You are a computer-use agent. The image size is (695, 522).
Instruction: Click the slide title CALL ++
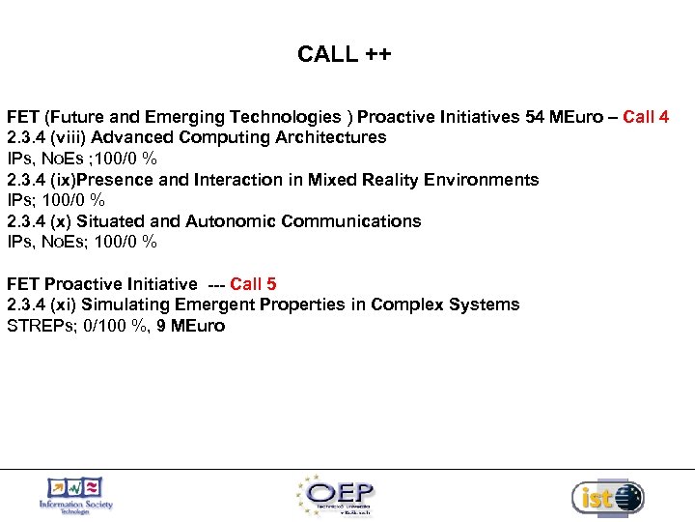[x=345, y=54]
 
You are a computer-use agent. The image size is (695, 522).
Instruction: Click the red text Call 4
[x=646, y=117]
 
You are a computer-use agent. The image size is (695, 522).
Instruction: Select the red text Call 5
[x=253, y=284]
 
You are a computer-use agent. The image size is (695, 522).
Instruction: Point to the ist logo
[x=607, y=497]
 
